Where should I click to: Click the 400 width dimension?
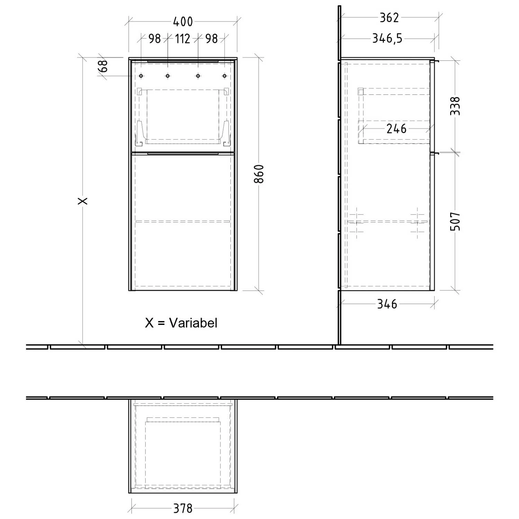[x=183, y=22]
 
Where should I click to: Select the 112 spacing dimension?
[x=182, y=39]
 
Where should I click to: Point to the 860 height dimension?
[x=259, y=174]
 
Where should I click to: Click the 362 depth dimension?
[x=389, y=18]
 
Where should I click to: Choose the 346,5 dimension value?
[x=388, y=38]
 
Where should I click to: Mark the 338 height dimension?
[x=456, y=106]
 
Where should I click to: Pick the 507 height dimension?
[x=456, y=221]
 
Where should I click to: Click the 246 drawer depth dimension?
[x=397, y=129]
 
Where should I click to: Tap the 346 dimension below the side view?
[x=387, y=304]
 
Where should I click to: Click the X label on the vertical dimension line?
[x=83, y=201]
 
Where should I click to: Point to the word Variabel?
[x=193, y=323]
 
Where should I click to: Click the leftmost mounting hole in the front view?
[x=141, y=76]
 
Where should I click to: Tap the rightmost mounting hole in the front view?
[x=225, y=76]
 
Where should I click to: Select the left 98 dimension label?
[x=154, y=39]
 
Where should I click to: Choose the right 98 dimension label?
[x=211, y=39]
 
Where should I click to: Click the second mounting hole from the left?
[x=167, y=76]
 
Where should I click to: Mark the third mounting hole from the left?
[x=198, y=76]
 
